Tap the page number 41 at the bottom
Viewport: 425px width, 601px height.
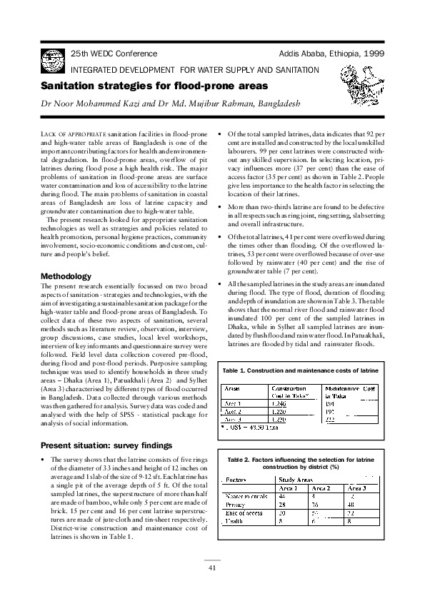coord(212,567)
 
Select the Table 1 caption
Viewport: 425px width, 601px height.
coord(300,372)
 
